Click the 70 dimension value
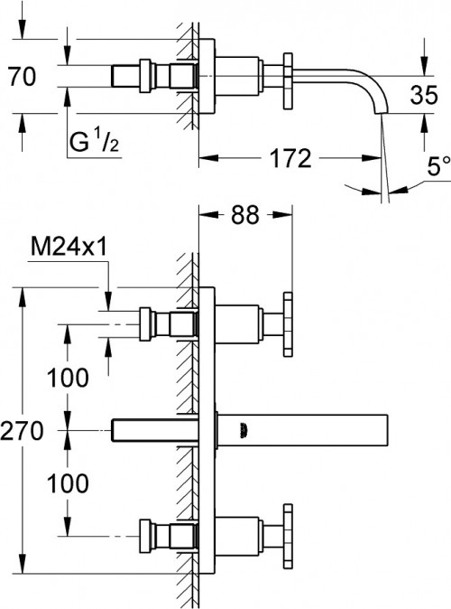pyautogui.click(x=21, y=77)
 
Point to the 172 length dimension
pyautogui.click(x=291, y=159)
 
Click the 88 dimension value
pyautogui.click(x=244, y=215)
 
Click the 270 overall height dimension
pyautogui.click(x=22, y=431)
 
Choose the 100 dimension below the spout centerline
pyautogui.click(x=69, y=483)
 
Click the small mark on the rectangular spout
pyautogui.click(x=242, y=431)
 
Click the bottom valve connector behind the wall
pyautogui.click(x=162, y=537)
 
